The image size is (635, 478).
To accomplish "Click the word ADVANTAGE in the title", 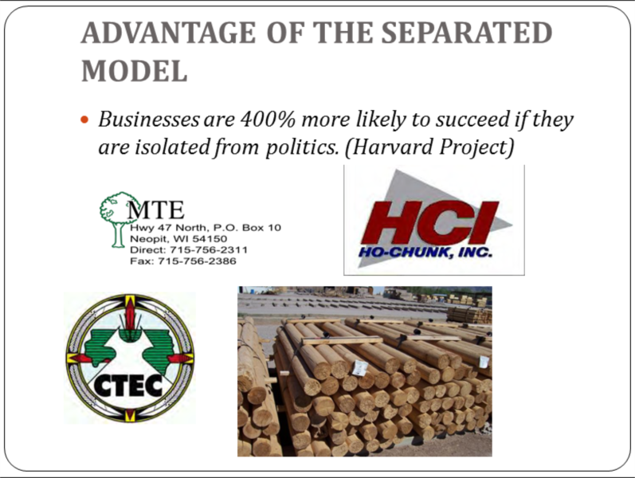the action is tap(168, 33).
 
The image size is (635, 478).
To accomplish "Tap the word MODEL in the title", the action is tap(135, 71).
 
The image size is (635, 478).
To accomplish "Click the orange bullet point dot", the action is tap(84, 120).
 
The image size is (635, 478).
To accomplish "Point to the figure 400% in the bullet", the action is tap(267, 119).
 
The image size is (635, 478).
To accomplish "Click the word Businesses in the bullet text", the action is tap(149, 119).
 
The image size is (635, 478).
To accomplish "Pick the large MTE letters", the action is tap(156, 210).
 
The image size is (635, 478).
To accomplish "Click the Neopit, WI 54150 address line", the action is tap(178, 239).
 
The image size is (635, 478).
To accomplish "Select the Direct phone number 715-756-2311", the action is tap(208, 250).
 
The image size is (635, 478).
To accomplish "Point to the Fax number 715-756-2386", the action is tap(197, 261).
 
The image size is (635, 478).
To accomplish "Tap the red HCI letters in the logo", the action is tap(430, 222).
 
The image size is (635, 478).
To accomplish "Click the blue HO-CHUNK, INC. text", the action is tap(425, 253).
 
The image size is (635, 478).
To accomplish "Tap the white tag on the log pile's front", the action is tap(359, 367).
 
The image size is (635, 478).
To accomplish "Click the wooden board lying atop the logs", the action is tap(343, 341).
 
